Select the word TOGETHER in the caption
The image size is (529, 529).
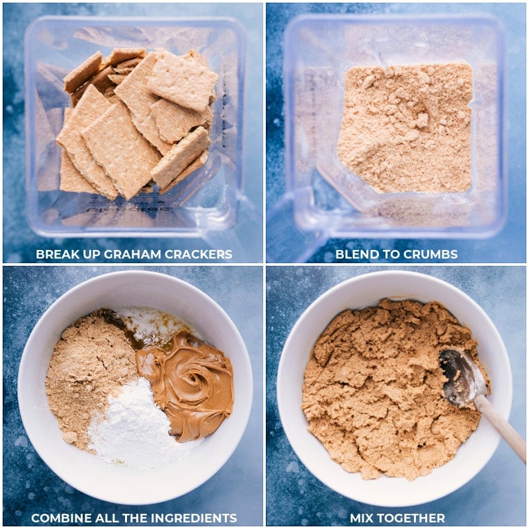(x=412, y=518)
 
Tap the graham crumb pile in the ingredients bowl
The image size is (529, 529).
(x=86, y=370)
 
